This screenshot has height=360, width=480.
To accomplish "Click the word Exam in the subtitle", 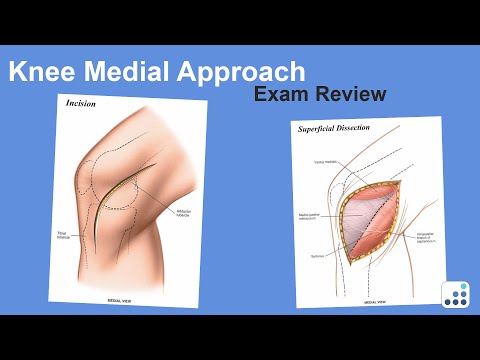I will [283, 96].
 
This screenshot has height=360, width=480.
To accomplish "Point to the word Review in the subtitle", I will [351, 96].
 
